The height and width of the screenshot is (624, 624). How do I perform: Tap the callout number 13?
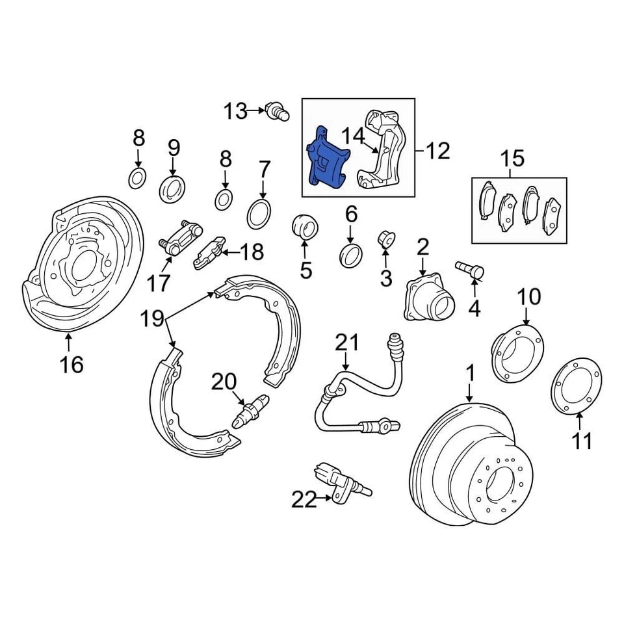237,112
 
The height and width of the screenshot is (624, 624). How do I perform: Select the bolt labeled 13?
277,112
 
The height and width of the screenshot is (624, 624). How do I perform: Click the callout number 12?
437,151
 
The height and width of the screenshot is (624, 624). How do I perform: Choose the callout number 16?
71,365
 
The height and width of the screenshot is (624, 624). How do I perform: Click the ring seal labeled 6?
351,255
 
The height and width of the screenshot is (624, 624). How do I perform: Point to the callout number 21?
346,341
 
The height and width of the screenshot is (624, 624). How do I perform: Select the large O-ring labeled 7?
260,213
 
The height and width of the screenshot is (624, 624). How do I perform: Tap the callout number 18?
252,251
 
